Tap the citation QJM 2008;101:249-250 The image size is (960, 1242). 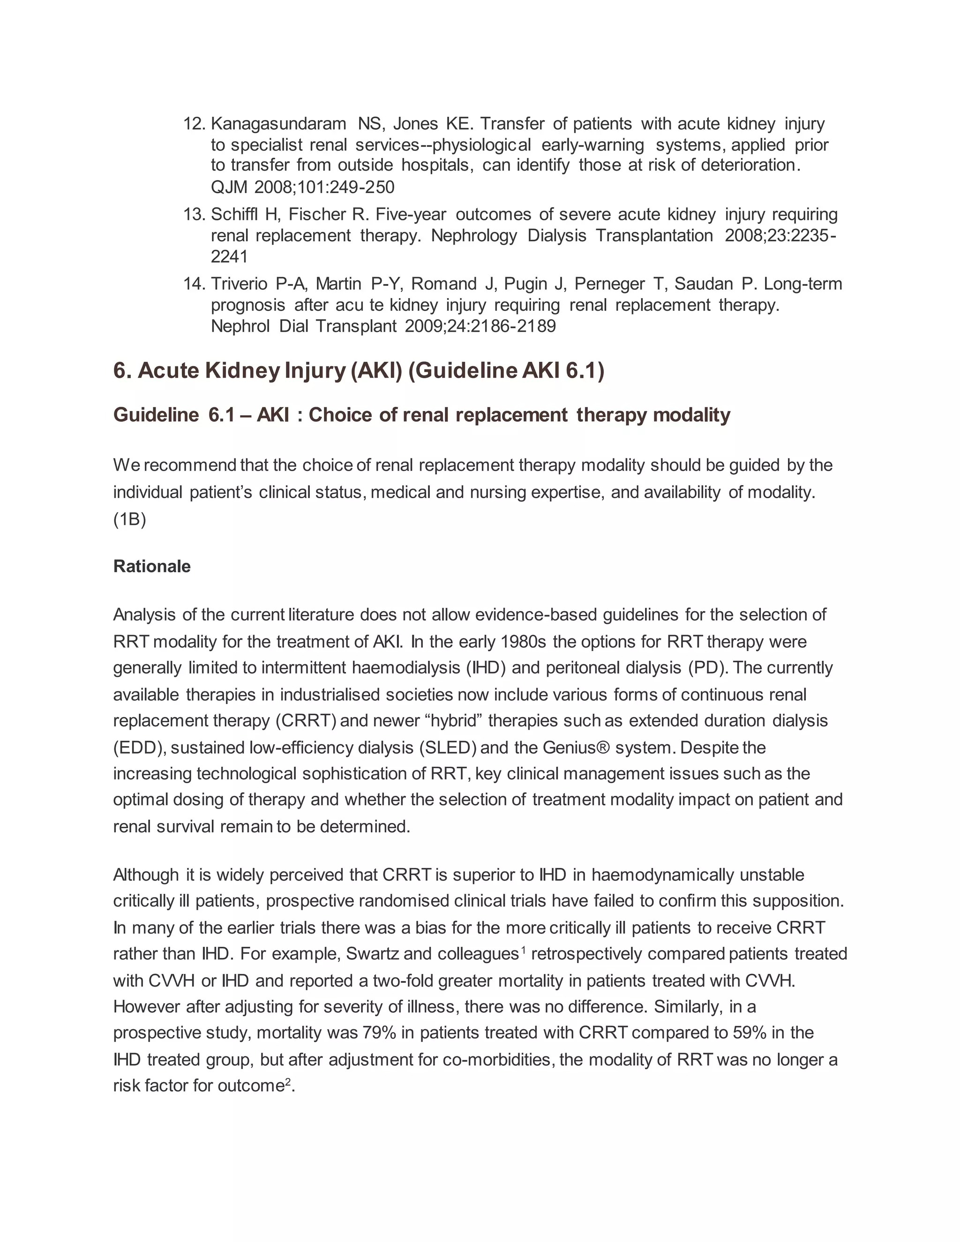pyautogui.click(x=302, y=187)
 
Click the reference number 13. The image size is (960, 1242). pyautogui.click(x=194, y=214)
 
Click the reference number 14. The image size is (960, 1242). pyautogui.click(x=194, y=284)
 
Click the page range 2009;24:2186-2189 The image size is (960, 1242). pyautogui.click(x=480, y=326)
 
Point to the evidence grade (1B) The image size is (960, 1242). pyautogui.click(x=130, y=519)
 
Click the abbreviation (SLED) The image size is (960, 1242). pyautogui.click(x=448, y=747)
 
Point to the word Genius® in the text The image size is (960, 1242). pyautogui.click(x=576, y=747)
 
